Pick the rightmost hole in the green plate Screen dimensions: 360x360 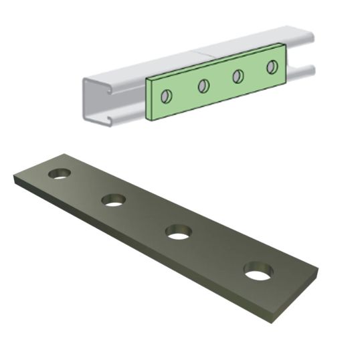[x=272, y=67]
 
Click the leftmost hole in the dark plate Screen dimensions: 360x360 [x=60, y=174]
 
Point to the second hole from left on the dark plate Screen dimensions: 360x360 [x=113, y=199]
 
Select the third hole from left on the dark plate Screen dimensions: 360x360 [x=177, y=232]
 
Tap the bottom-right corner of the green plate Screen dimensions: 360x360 [x=286, y=82]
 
